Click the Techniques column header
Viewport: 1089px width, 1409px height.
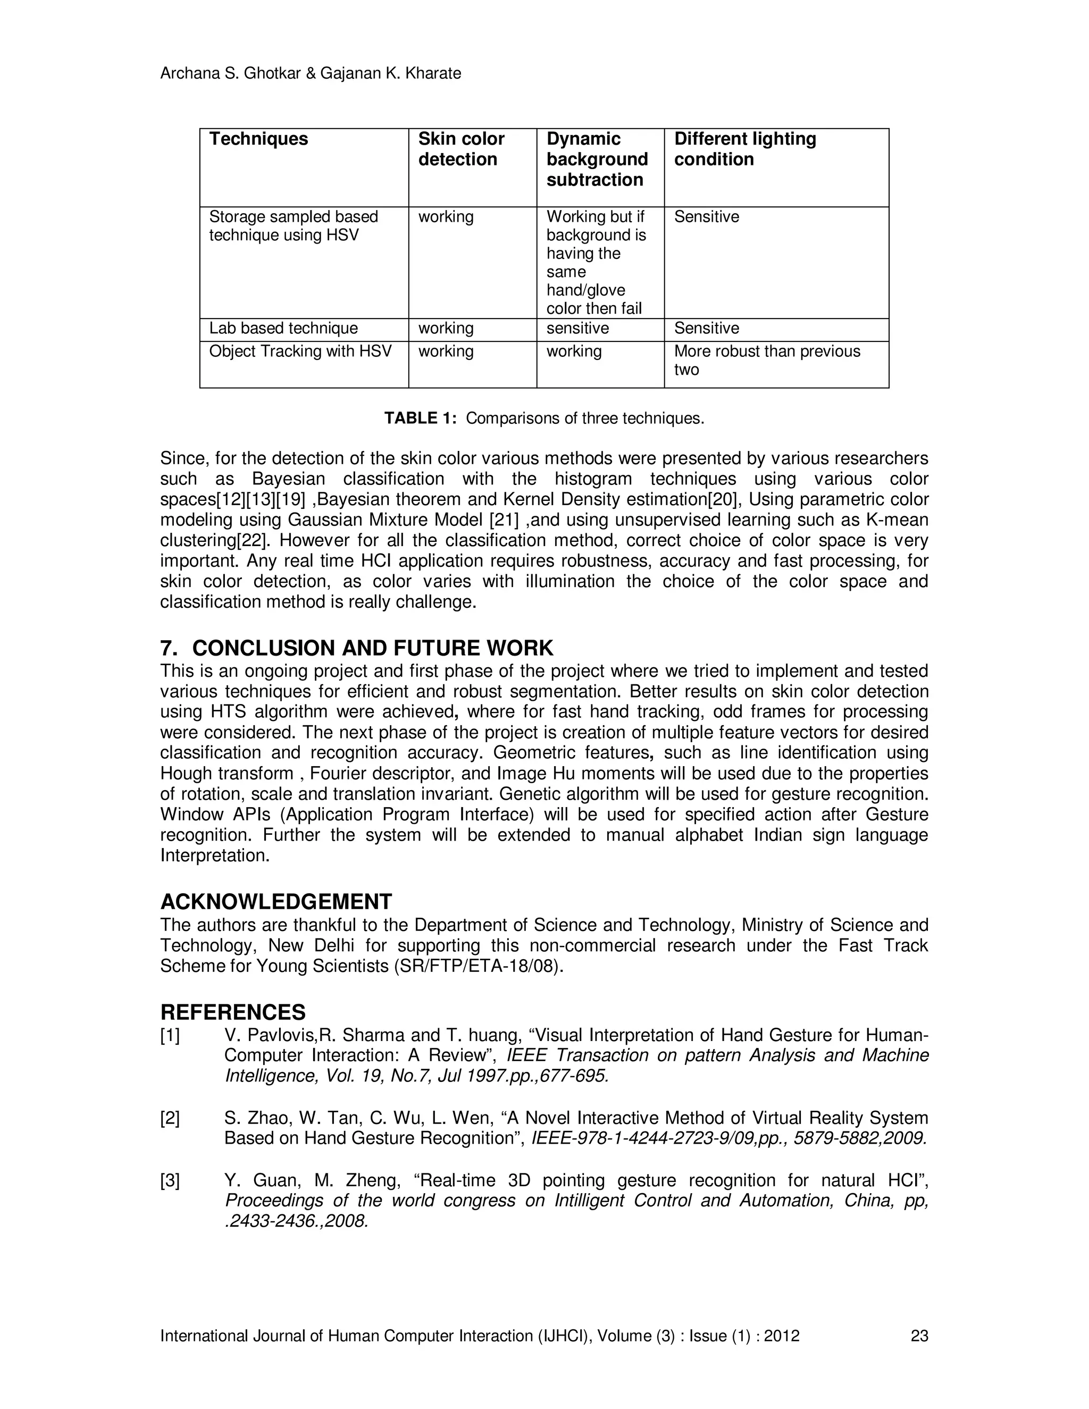pyautogui.click(x=258, y=139)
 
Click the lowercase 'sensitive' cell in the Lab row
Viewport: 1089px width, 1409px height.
pyautogui.click(x=577, y=329)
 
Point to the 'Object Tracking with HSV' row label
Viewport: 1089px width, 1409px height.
pyautogui.click(x=300, y=351)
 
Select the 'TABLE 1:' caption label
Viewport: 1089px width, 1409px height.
pyautogui.click(x=420, y=418)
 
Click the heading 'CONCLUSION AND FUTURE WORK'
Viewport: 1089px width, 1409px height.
pyautogui.click(x=372, y=648)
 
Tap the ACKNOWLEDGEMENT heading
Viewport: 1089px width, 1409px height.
pyautogui.click(x=275, y=901)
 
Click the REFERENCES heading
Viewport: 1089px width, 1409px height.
pyautogui.click(x=233, y=1012)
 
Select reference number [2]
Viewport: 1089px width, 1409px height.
pyautogui.click(x=170, y=1118)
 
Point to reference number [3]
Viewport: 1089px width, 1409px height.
pyautogui.click(x=170, y=1180)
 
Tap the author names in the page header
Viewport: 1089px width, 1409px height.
pyautogui.click(x=311, y=73)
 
